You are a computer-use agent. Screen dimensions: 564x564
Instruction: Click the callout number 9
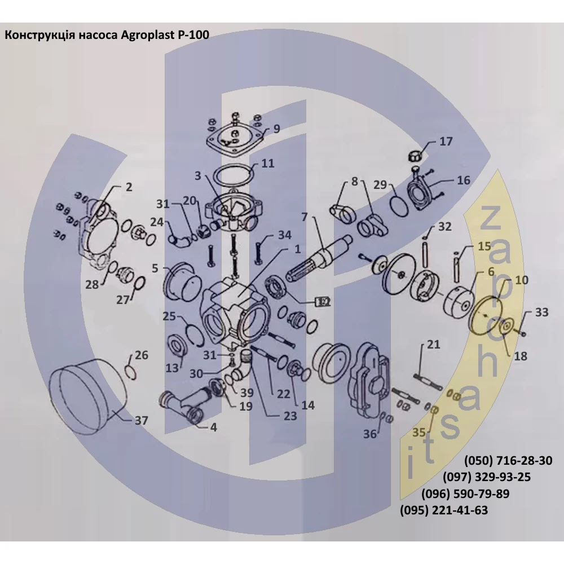pos(276,129)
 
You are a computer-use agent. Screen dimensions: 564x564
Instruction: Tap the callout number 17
pos(446,142)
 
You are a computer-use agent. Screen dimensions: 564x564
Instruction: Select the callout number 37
pos(142,420)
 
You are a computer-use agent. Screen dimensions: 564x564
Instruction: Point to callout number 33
pos(541,312)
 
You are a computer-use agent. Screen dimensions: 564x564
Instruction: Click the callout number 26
pos(142,355)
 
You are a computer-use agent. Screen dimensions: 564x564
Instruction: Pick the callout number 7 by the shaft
pos(305,217)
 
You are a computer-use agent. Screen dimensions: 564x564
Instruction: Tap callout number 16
pos(464,180)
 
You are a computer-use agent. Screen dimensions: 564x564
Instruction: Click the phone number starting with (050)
pos(508,460)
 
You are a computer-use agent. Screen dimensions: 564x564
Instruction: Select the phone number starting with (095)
pos(444,510)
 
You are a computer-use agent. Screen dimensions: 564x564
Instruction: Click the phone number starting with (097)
pos(487,477)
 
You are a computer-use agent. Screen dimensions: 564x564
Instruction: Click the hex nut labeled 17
pos(415,156)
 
